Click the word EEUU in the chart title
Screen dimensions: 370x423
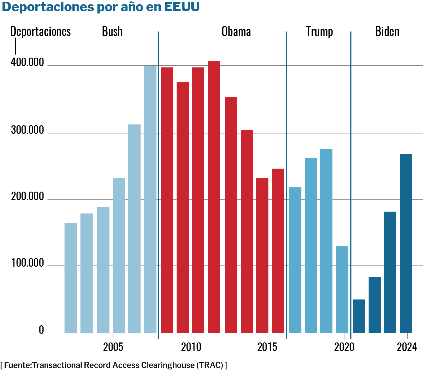(182, 7)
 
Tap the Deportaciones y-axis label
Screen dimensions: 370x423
(40, 31)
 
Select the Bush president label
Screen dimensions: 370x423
(112, 31)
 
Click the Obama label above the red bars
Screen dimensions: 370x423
(236, 31)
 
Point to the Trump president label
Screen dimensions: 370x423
(319, 31)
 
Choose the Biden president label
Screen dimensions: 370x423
(387, 31)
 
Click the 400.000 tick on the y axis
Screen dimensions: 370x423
(28, 62)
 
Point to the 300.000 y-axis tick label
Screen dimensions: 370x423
(28, 130)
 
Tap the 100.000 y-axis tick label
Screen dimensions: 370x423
(28, 263)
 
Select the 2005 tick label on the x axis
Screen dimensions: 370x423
(113, 347)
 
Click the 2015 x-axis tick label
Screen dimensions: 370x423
(267, 347)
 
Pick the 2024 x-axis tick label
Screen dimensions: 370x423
(407, 347)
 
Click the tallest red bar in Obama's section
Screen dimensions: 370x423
(214, 197)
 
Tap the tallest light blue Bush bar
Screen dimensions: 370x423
(150, 199)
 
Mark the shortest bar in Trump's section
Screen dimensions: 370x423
(342, 289)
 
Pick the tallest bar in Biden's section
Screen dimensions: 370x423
(406, 243)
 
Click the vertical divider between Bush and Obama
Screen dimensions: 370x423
(158, 185)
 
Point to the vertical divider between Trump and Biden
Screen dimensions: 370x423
(351, 185)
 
